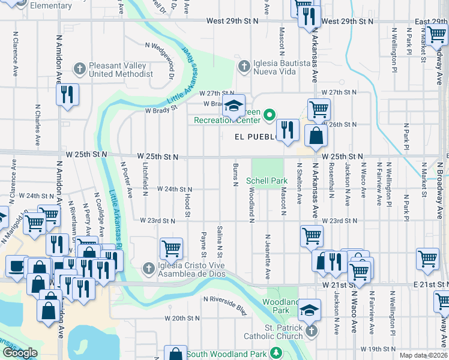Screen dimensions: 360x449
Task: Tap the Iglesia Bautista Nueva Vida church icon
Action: (244, 66)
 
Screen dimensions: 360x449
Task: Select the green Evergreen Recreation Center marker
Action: (270, 113)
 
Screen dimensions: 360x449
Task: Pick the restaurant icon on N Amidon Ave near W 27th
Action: (67, 95)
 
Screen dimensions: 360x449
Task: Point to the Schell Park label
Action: (267, 181)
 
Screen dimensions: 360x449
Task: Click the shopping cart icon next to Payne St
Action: (171, 247)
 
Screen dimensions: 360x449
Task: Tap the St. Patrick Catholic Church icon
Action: (310, 331)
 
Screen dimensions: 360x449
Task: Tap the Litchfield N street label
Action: (145, 178)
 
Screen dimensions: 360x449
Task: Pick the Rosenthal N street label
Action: (331, 179)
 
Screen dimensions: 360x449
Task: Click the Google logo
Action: (20, 353)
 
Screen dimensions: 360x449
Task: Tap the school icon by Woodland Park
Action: (309, 310)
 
